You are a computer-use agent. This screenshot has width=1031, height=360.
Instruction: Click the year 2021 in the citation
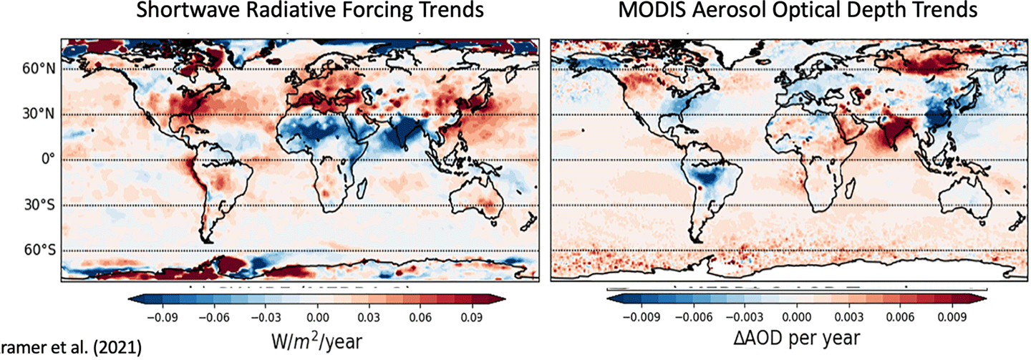pos(122,349)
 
